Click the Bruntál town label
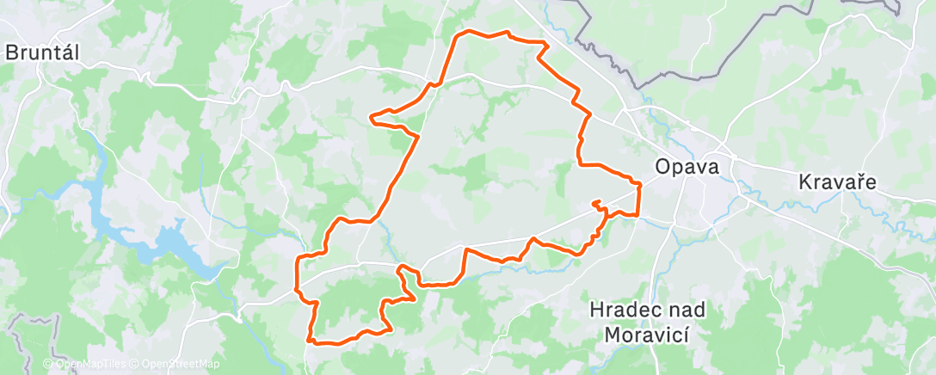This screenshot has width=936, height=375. pyautogui.click(x=42, y=52)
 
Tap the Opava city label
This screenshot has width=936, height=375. pyautogui.click(x=686, y=166)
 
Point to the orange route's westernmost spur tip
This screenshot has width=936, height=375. pyautogui.click(x=371, y=117)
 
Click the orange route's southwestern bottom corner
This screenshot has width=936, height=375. pyautogui.click(x=309, y=341)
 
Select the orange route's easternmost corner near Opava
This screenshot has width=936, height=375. pyautogui.click(x=641, y=183)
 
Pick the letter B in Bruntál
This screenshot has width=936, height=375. pyautogui.click(x=11, y=52)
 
